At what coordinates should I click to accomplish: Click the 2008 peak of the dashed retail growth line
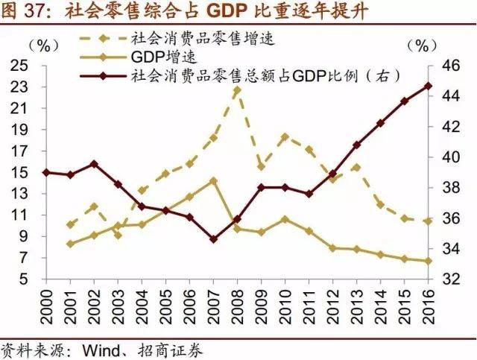(237, 90)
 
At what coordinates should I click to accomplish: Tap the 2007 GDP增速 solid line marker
(213, 180)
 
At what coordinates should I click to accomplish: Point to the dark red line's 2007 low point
(213, 239)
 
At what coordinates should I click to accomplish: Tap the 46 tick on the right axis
(446, 66)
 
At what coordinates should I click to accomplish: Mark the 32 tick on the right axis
(446, 280)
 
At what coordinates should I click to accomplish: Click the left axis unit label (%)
(46, 45)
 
